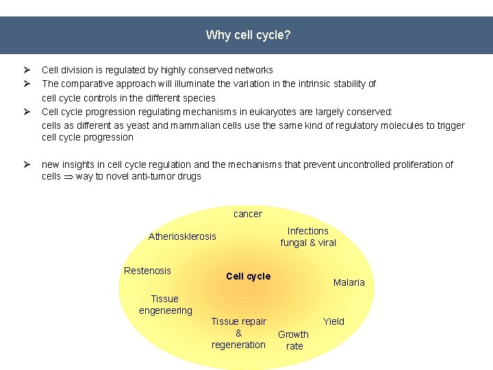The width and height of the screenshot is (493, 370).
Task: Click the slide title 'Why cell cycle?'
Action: (x=248, y=35)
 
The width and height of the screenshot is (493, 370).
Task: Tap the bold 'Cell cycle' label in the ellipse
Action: (x=248, y=276)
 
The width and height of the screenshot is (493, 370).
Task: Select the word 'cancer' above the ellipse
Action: (x=247, y=214)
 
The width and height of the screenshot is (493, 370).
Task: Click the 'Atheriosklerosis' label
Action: (x=182, y=236)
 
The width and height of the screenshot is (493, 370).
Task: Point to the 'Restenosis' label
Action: (x=147, y=271)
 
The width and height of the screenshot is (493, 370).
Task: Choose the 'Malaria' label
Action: (x=349, y=282)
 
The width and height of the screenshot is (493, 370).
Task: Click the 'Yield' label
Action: (x=333, y=321)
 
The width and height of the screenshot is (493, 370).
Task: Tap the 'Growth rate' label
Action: (x=293, y=340)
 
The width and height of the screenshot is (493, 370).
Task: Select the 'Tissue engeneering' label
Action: (x=165, y=304)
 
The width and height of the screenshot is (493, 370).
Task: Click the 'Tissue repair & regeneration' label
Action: (x=238, y=333)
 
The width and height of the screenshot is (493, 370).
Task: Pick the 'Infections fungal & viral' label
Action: (x=308, y=236)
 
